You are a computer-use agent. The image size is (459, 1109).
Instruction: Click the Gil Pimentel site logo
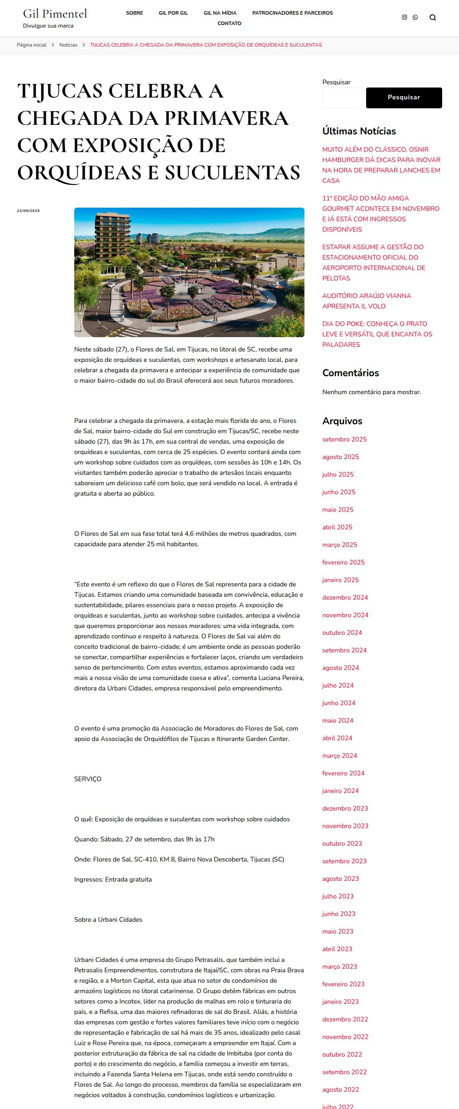pos(55,14)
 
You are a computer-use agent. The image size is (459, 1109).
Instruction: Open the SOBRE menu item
pos(134,13)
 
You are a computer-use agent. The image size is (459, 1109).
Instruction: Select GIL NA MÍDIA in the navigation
pos(220,13)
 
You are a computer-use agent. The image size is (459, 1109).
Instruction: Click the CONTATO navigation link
pos(229,24)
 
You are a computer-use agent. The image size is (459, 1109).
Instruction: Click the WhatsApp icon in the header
pos(415,18)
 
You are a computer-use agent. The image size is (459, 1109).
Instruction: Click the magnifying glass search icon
pos(433,18)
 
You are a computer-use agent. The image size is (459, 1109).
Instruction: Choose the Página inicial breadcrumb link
pos(32,45)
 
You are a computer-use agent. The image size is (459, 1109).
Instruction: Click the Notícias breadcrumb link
pos(68,45)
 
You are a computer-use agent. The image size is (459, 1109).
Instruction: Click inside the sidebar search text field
pos(342,98)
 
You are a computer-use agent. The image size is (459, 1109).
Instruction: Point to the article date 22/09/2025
pos(28,211)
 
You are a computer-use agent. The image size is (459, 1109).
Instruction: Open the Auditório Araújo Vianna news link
pos(366,301)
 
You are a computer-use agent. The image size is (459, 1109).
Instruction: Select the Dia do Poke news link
pos(377,334)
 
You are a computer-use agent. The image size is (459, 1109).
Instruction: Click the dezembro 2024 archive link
pos(345,598)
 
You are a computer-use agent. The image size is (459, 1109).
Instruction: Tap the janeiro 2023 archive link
pos(340,1002)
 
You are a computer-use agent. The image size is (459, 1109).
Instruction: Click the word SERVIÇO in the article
pos(88,779)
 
